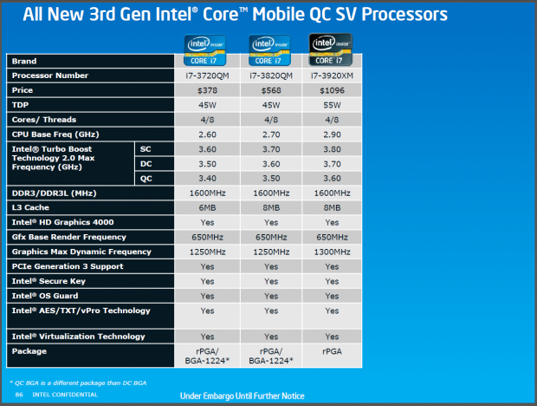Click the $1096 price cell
(x=332, y=90)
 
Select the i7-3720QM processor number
(x=208, y=75)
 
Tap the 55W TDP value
(x=332, y=104)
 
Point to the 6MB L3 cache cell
(x=208, y=207)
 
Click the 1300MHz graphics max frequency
(x=332, y=251)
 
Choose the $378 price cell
(x=208, y=90)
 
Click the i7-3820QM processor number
(x=270, y=75)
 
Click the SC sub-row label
(x=146, y=148)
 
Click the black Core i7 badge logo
(x=332, y=48)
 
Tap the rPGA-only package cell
(x=332, y=350)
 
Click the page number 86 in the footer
(x=18, y=395)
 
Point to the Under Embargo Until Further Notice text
(x=242, y=396)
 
